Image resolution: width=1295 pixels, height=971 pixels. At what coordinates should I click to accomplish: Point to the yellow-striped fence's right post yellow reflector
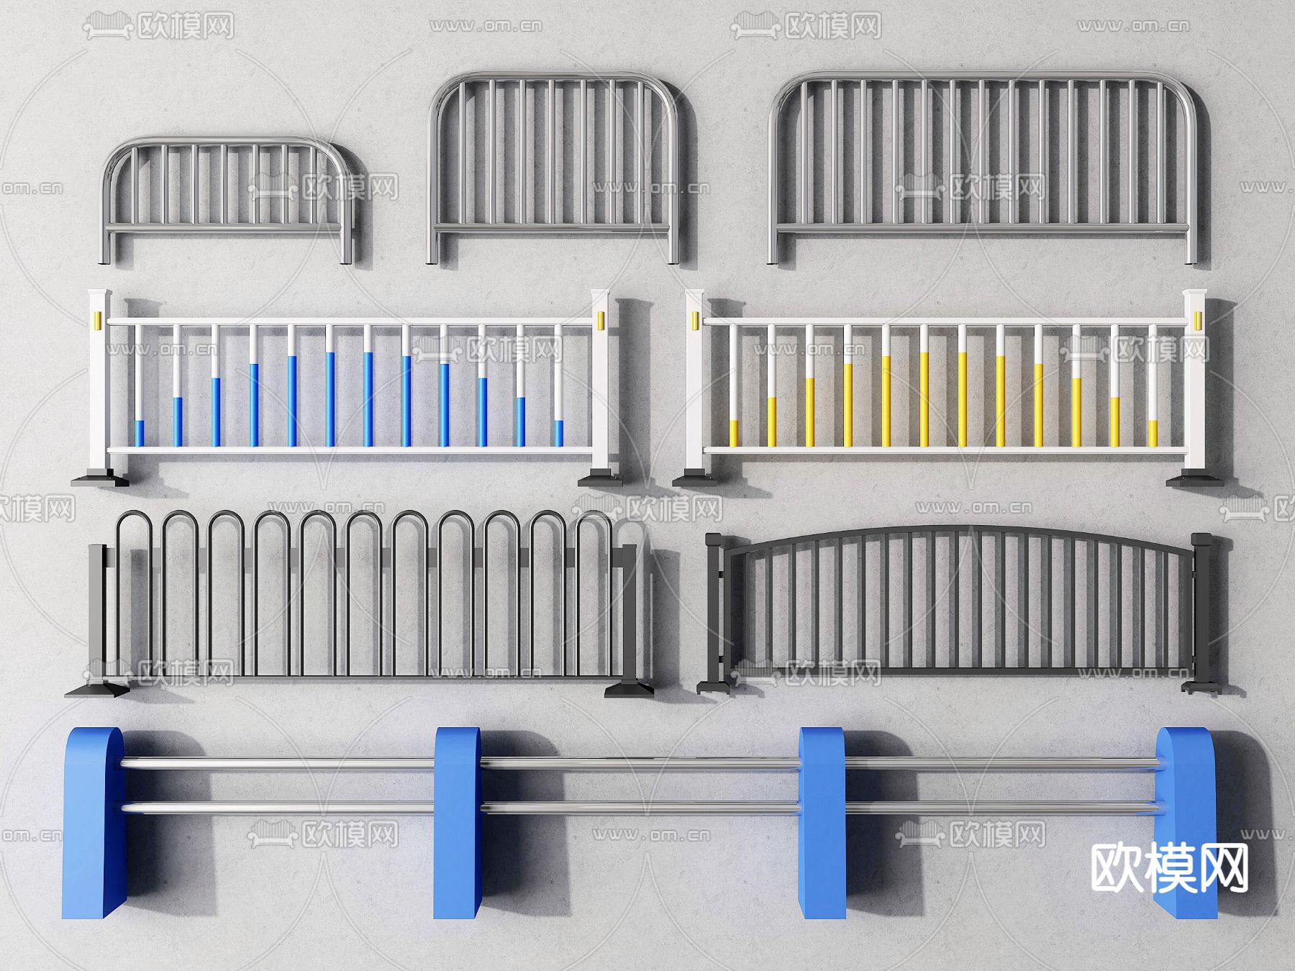(1198, 319)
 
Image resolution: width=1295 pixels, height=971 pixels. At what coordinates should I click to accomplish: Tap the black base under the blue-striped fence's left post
(99, 478)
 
